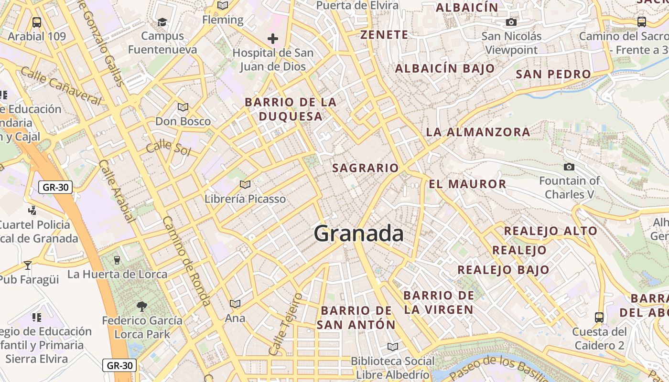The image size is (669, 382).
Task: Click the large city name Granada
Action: (x=358, y=234)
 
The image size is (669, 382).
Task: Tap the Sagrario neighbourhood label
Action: (x=365, y=168)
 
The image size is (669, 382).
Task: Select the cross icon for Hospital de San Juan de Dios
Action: (x=273, y=38)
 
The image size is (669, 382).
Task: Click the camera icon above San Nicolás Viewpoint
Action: (x=511, y=22)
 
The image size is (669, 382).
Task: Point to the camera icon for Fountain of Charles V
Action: (x=569, y=167)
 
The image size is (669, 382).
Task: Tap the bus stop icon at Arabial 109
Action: (x=36, y=22)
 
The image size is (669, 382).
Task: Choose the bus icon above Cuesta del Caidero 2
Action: (x=599, y=317)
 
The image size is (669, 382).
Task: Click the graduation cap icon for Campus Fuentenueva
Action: (x=162, y=22)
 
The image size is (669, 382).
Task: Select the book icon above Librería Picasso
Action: (x=245, y=184)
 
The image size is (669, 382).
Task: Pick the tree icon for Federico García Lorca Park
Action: (x=141, y=306)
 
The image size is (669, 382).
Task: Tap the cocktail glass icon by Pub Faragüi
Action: (x=28, y=265)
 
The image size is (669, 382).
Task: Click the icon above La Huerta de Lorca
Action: (x=117, y=260)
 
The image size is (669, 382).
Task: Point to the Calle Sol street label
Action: (x=168, y=149)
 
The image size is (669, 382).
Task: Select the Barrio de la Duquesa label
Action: (x=291, y=109)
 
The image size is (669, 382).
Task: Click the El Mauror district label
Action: (x=467, y=184)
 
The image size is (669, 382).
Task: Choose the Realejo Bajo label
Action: (x=503, y=270)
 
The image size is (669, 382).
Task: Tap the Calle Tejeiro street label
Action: (x=285, y=324)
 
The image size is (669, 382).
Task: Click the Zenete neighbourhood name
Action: (x=384, y=35)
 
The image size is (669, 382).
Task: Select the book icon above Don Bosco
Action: (x=183, y=107)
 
